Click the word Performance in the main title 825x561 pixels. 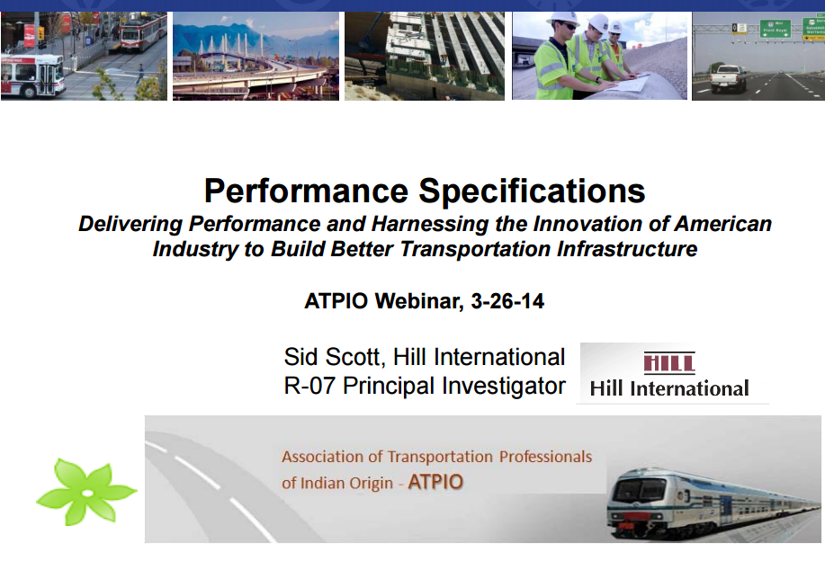click(306, 191)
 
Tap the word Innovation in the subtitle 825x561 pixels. click(587, 224)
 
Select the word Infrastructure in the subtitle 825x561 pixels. click(627, 249)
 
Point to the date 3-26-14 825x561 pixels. click(507, 301)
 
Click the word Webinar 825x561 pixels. click(419, 302)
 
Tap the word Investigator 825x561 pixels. click(504, 387)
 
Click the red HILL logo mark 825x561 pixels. click(669, 363)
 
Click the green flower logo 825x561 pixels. click(86, 492)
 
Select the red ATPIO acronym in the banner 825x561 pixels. click(435, 482)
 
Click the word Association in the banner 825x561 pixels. click(322, 457)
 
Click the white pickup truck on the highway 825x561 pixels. click(728, 79)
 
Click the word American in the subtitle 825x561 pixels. click(723, 224)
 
